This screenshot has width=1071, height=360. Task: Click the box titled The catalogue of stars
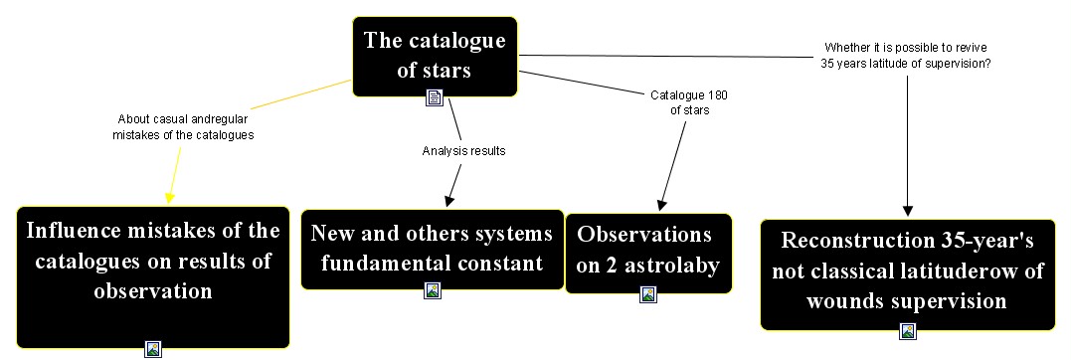click(435, 57)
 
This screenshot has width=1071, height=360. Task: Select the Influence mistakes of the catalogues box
click(153, 277)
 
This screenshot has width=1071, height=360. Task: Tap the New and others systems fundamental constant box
click(433, 250)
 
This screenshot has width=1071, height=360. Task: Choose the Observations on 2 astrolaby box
click(648, 254)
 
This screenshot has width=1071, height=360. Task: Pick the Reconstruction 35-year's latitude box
click(908, 274)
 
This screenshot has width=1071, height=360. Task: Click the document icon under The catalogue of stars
click(435, 97)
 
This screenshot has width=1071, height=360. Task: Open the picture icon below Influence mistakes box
click(153, 349)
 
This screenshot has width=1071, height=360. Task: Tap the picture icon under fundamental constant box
click(433, 290)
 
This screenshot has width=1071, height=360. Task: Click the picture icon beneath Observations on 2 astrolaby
click(648, 294)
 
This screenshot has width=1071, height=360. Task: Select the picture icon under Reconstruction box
click(908, 331)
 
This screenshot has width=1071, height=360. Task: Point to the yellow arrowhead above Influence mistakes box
click(169, 198)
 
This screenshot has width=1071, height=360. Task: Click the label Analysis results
click(463, 151)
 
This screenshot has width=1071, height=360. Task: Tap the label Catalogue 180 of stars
click(689, 102)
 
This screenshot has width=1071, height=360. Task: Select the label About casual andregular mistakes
click(183, 127)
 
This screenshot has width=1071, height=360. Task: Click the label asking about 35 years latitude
click(906, 55)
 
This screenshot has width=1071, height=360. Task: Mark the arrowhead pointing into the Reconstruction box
click(908, 211)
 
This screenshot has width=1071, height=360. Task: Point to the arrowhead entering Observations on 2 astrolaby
click(661, 204)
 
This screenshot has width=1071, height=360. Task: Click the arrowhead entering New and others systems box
click(448, 200)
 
